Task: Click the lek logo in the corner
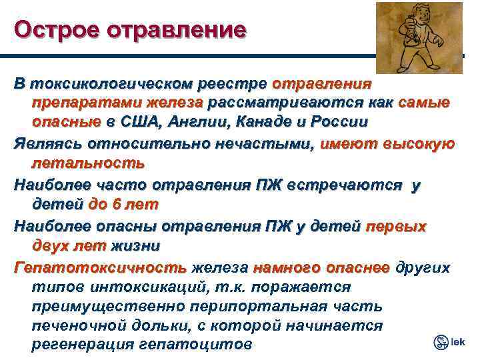click(x=449, y=342)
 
